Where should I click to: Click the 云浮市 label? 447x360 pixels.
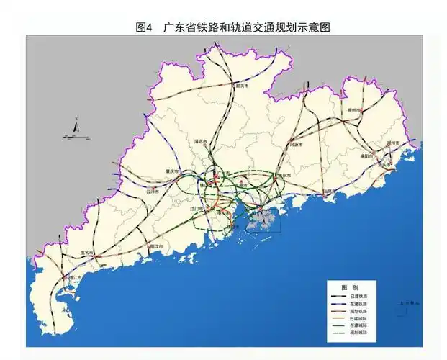(153, 192)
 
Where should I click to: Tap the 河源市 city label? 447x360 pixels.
(295, 144)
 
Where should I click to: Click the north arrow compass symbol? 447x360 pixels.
(75, 127)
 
